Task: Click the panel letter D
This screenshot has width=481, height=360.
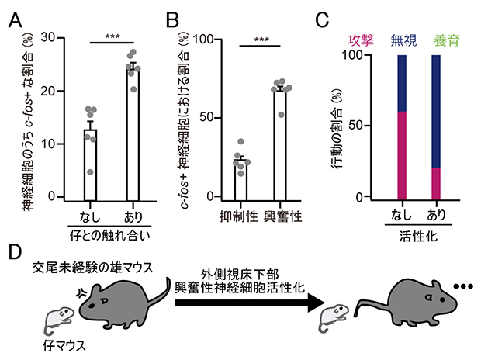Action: (x=15, y=254)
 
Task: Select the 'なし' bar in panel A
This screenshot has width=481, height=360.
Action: (x=91, y=163)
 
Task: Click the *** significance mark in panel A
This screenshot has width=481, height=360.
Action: (x=112, y=35)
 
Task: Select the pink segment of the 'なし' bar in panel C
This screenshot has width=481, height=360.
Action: (x=402, y=154)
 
